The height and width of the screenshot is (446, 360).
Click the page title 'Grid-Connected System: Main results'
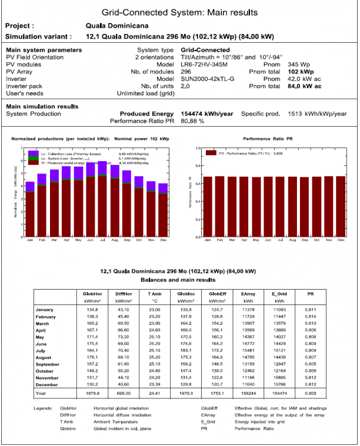coord(180,12)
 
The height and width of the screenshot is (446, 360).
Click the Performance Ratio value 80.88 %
coord(193,121)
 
